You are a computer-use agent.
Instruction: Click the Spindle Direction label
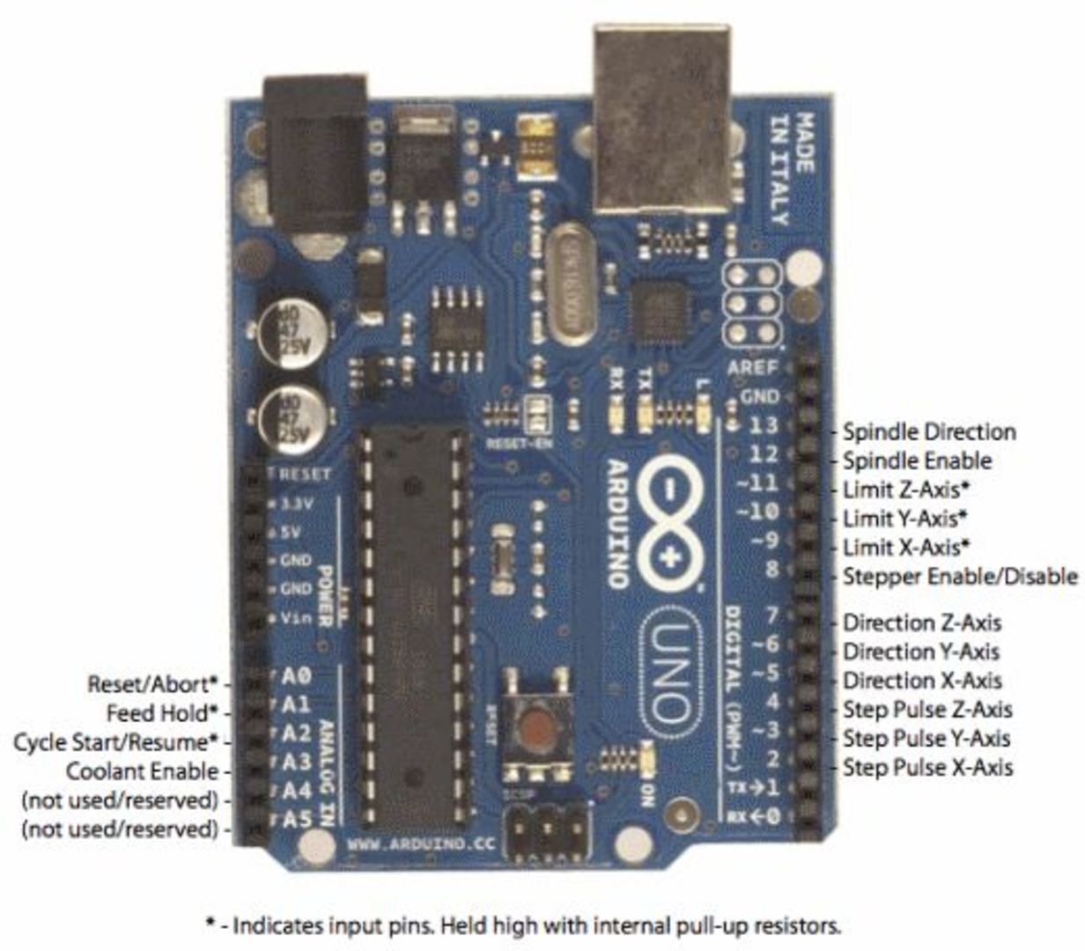tap(929, 432)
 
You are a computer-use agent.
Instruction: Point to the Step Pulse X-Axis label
tap(927, 767)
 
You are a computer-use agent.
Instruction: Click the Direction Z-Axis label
tap(922, 623)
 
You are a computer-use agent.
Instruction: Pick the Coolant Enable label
tap(143, 771)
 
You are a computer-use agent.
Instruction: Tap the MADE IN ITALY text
tap(792, 167)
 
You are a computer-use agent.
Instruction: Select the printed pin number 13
tap(763, 424)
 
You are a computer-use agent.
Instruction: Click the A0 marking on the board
tap(297, 676)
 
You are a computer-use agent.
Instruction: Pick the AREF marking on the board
tap(753, 367)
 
